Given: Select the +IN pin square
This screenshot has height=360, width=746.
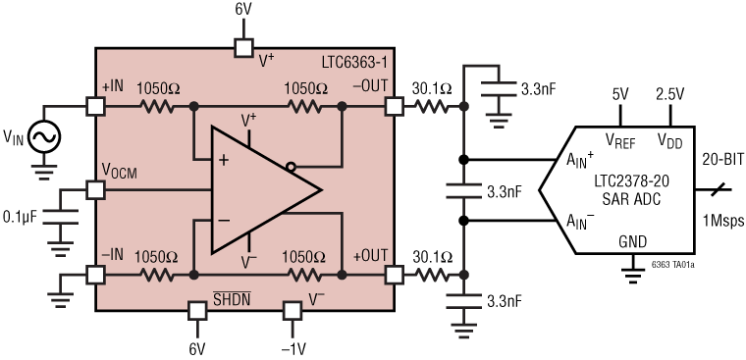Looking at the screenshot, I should (x=95, y=106).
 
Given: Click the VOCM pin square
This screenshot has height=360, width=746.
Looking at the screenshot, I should (x=95, y=188).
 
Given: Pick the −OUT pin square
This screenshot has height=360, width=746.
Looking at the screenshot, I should (x=395, y=106).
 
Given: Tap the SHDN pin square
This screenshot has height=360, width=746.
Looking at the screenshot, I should (x=196, y=311).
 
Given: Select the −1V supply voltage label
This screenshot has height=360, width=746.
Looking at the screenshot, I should (x=292, y=348).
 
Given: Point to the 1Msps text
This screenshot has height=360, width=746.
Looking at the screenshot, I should (x=720, y=217).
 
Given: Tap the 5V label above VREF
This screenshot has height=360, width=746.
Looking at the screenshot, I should (x=619, y=94).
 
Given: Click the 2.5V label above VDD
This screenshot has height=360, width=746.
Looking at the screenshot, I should (x=670, y=94).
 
